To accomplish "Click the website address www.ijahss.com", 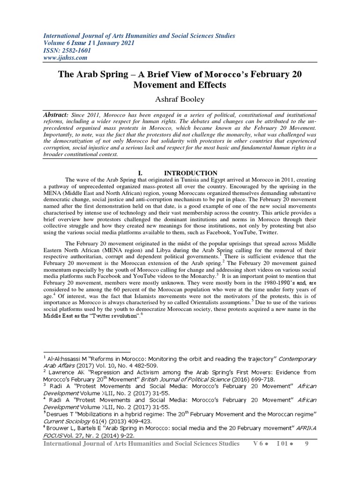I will click(x=66, y=58).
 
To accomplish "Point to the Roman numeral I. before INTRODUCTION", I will click(x=141, y=173).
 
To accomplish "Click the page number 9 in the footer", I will click(x=307, y=443).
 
